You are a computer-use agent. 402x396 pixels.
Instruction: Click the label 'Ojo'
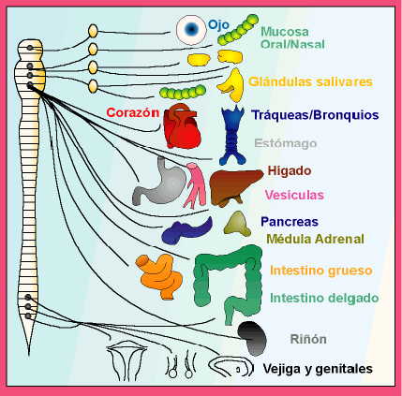coord(218,23)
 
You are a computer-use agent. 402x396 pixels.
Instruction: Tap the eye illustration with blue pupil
coord(191,31)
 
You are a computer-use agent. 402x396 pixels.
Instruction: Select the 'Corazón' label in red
coord(132,111)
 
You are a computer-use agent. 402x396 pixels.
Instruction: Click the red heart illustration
coord(182,128)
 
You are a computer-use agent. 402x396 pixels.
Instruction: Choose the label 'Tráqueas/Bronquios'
coord(315,115)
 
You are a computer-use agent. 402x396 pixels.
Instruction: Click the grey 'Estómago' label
coord(286,143)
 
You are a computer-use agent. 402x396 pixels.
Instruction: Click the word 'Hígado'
coord(290,170)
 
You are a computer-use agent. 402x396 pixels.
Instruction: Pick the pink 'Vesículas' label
coord(294,195)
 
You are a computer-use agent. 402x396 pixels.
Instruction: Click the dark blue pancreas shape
coord(185,230)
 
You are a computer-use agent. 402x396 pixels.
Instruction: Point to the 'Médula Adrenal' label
coord(315,239)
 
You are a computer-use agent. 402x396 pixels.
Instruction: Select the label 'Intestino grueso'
coord(320,271)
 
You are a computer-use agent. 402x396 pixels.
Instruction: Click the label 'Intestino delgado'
coord(323,298)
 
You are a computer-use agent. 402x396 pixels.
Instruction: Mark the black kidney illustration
coord(251,335)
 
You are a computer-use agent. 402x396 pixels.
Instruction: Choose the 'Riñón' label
coord(308,339)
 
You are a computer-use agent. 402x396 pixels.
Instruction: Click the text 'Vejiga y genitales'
coord(317,368)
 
